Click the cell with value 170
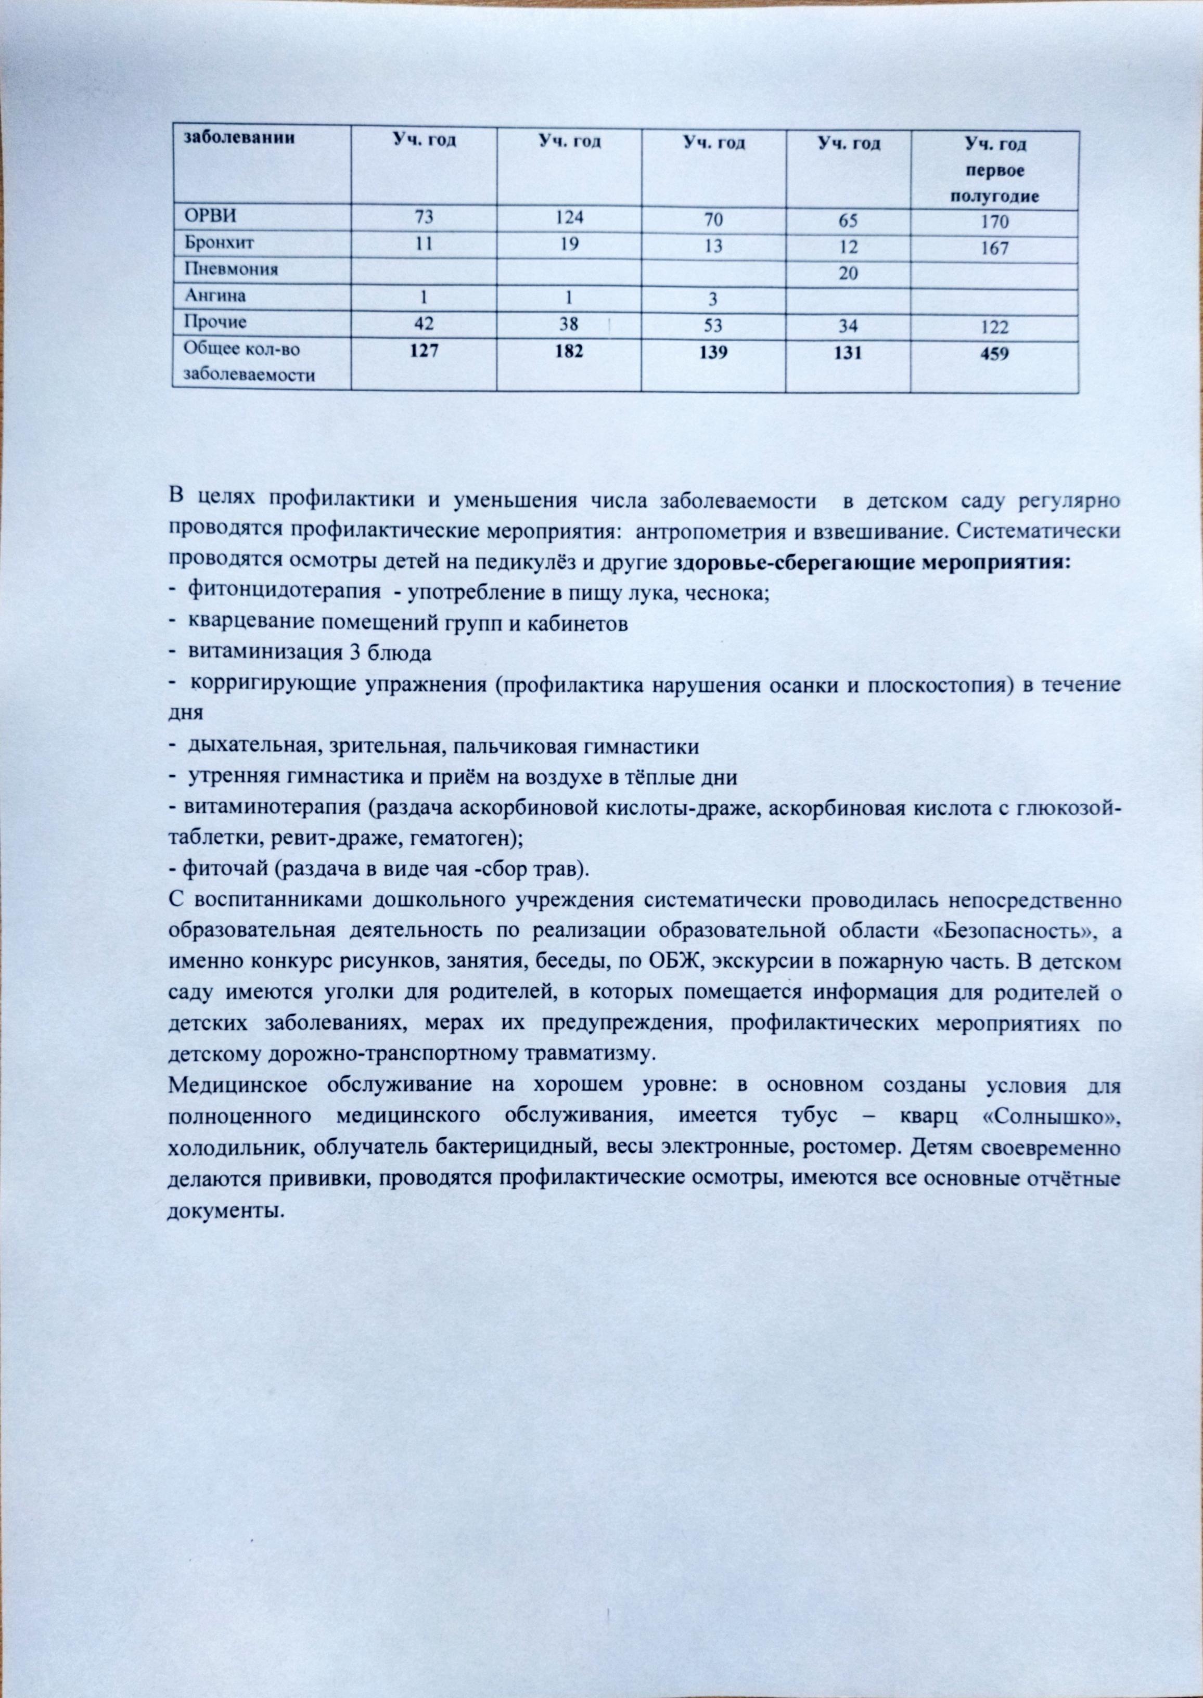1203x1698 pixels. pos(994,222)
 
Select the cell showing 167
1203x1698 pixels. pos(994,248)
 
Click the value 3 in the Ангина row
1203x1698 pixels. pos(713,299)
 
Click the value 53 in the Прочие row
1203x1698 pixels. pos(713,326)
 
